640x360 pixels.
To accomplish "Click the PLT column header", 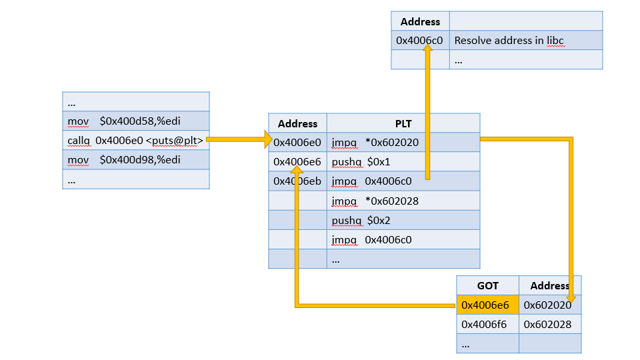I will [x=403, y=123].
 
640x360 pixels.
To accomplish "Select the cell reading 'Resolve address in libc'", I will [x=509, y=41].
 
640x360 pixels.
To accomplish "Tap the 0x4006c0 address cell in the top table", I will [x=420, y=41].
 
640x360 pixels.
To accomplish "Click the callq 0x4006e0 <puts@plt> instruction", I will [x=135, y=140].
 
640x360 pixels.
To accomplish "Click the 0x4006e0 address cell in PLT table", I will [x=297, y=142].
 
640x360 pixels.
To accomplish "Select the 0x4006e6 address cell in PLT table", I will [x=297, y=161].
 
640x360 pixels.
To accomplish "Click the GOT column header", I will [x=487, y=285].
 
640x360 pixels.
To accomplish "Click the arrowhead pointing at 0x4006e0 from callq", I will [x=268, y=139].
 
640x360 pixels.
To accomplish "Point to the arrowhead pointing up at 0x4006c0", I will [x=426, y=53].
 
